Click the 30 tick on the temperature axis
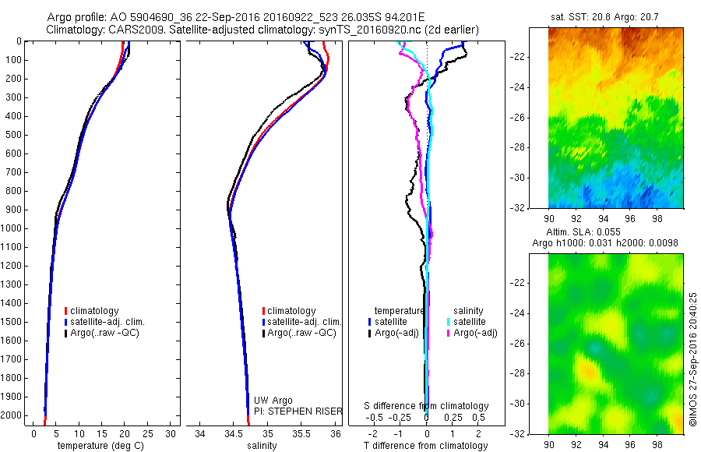point(171,433)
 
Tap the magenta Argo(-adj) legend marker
point(449,333)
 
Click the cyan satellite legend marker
point(449,322)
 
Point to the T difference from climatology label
point(426,446)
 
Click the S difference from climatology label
point(427,406)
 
